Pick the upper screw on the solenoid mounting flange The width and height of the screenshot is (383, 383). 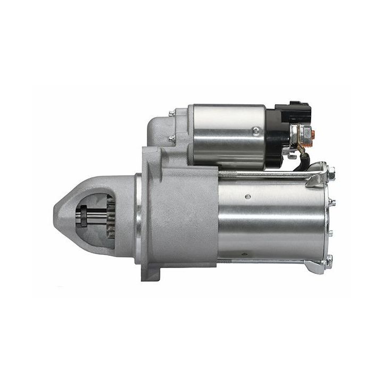coord(172,113)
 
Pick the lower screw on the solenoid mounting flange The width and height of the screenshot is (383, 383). coord(172,139)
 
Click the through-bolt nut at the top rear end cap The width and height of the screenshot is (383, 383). coord(331,172)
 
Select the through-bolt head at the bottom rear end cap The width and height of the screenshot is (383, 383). coord(330,261)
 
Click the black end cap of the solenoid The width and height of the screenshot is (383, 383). coord(275,136)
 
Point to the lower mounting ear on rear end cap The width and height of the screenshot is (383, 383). coord(318,265)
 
